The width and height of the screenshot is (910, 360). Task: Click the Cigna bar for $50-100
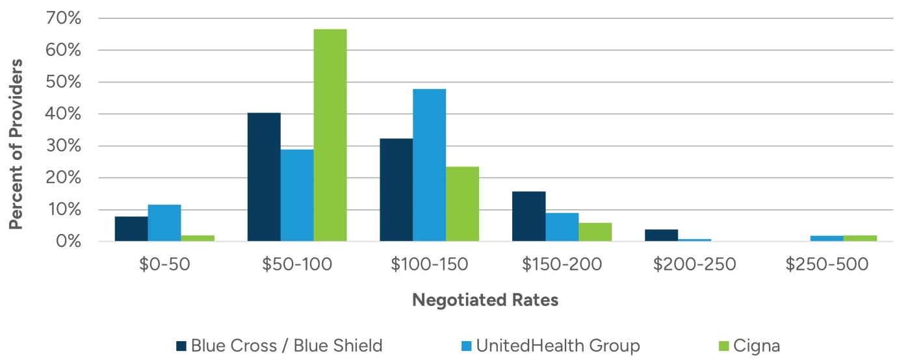[x=330, y=135]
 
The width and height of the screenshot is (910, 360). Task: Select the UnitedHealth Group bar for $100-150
[x=429, y=165]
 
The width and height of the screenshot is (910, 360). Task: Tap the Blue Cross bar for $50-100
[x=264, y=177]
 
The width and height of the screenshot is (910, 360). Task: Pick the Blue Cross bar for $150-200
[x=528, y=216]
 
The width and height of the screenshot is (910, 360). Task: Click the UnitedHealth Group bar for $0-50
[x=164, y=223]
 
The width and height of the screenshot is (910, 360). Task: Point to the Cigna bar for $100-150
[x=462, y=204]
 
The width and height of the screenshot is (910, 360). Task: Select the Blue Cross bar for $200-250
[x=661, y=235]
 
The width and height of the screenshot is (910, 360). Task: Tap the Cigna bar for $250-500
[x=860, y=238]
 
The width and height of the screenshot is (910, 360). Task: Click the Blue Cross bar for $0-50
[x=131, y=229]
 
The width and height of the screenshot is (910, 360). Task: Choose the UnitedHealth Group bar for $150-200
[x=562, y=227]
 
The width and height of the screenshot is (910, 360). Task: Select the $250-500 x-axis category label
[x=827, y=265]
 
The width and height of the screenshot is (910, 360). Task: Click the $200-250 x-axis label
[x=694, y=265]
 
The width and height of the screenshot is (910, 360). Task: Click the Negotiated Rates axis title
[x=485, y=300]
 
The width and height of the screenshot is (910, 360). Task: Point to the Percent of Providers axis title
[x=16, y=144]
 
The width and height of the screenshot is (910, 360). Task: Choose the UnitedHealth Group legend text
[x=558, y=346]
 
